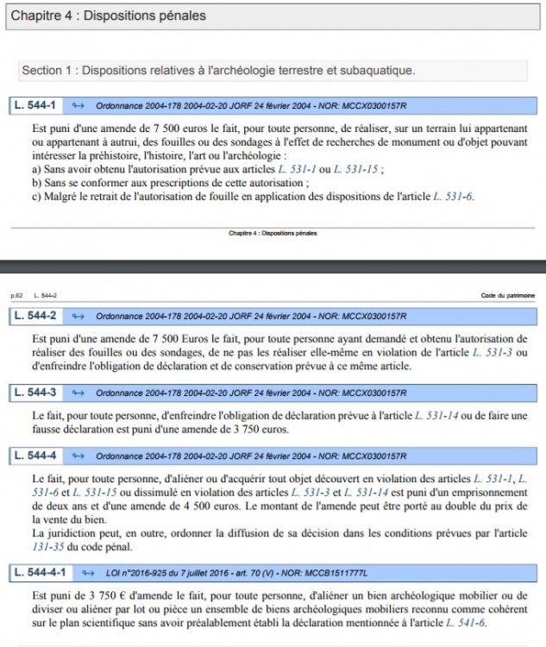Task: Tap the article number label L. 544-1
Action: click(35, 106)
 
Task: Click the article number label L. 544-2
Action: click(35, 316)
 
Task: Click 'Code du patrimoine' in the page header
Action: click(508, 296)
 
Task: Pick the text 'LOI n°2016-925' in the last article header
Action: click(128, 572)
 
